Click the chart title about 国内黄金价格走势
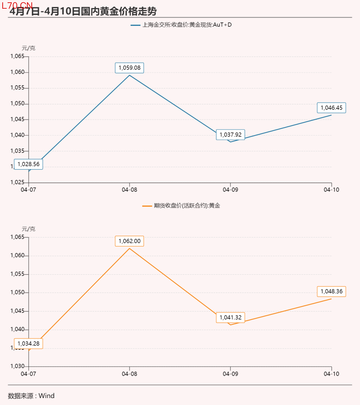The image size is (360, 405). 83,11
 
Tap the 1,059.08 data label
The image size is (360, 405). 129,68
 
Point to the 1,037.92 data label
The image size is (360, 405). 230,135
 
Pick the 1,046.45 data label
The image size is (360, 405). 331,108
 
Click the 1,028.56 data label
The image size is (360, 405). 28,164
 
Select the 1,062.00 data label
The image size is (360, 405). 129,241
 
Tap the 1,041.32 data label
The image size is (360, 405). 230,318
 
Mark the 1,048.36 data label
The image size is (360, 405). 331,291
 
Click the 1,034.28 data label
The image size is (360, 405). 28,344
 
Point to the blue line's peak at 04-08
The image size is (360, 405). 129,75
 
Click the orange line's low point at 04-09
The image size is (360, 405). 230,325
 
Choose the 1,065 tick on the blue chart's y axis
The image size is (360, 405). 17,56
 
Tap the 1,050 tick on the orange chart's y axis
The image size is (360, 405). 17,292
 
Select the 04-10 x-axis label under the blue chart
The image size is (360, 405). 331,190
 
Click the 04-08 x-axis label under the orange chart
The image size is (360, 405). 129,374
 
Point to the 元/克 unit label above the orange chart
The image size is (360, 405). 28,229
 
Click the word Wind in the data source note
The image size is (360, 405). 46,396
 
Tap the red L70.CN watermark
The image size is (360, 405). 17,5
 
